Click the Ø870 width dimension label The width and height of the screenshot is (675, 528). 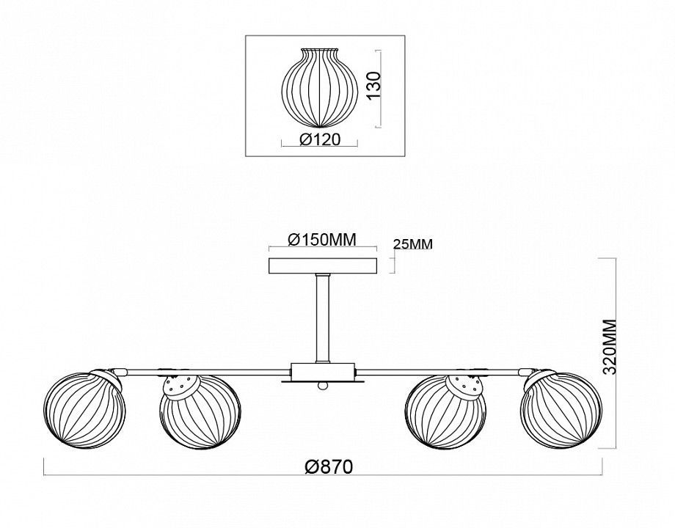(328, 466)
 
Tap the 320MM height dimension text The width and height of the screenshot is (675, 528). (610, 348)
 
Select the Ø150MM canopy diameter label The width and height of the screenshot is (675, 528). (322, 240)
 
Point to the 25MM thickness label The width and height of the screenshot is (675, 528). (413, 244)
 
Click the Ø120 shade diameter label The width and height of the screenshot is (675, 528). (321, 139)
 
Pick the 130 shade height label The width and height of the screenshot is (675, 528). (375, 85)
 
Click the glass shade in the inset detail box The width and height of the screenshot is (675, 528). (319, 88)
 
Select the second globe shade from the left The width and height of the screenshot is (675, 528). (199, 412)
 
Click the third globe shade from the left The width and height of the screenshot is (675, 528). (446, 412)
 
